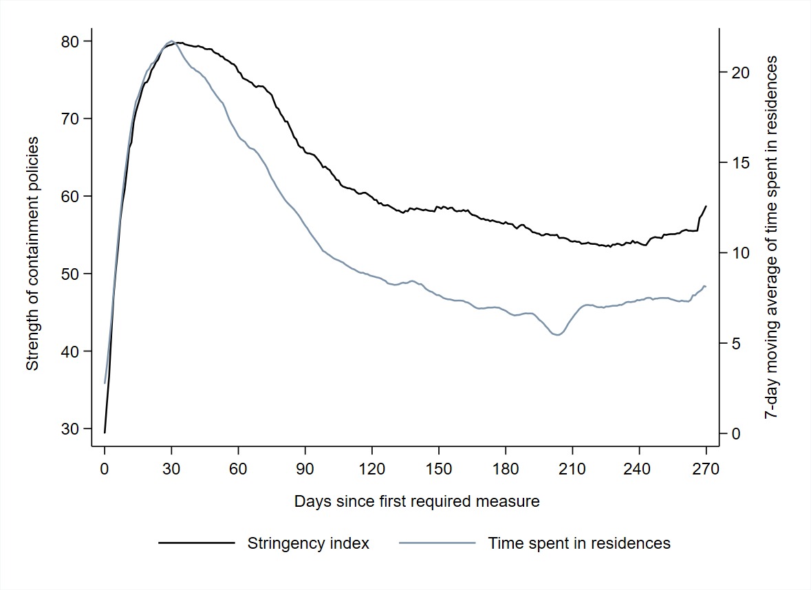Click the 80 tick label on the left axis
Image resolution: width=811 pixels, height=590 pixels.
(71, 41)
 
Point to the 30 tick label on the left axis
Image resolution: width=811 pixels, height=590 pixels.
(71, 428)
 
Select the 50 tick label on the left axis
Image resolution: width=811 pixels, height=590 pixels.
(71, 274)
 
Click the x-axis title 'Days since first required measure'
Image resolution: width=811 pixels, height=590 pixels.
(417, 501)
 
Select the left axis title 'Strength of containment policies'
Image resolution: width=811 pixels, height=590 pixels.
(32, 254)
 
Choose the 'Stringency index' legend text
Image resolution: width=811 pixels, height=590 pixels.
(308, 543)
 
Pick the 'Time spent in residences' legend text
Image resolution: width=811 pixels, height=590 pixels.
(579, 543)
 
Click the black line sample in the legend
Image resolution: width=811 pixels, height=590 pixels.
(196, 543)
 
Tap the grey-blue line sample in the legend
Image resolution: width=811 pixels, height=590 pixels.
(437, 543)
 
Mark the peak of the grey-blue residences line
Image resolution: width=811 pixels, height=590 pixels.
(171, 41)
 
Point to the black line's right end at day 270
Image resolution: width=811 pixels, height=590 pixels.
(706, 206)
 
